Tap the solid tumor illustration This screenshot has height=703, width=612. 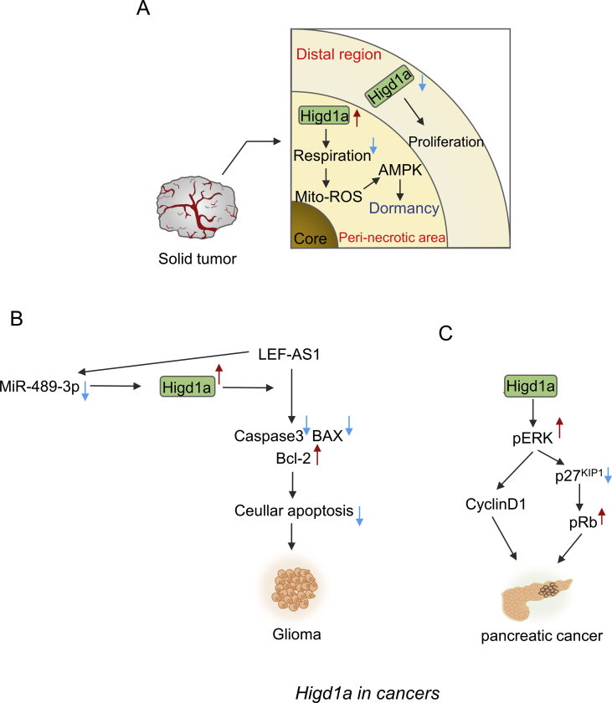[x=193, y=203]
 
